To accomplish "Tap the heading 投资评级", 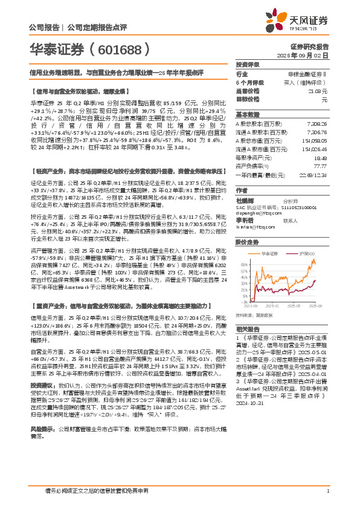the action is [247, 64].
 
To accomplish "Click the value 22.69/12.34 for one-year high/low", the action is [313, 173].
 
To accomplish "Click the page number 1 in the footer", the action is [327, 491].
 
